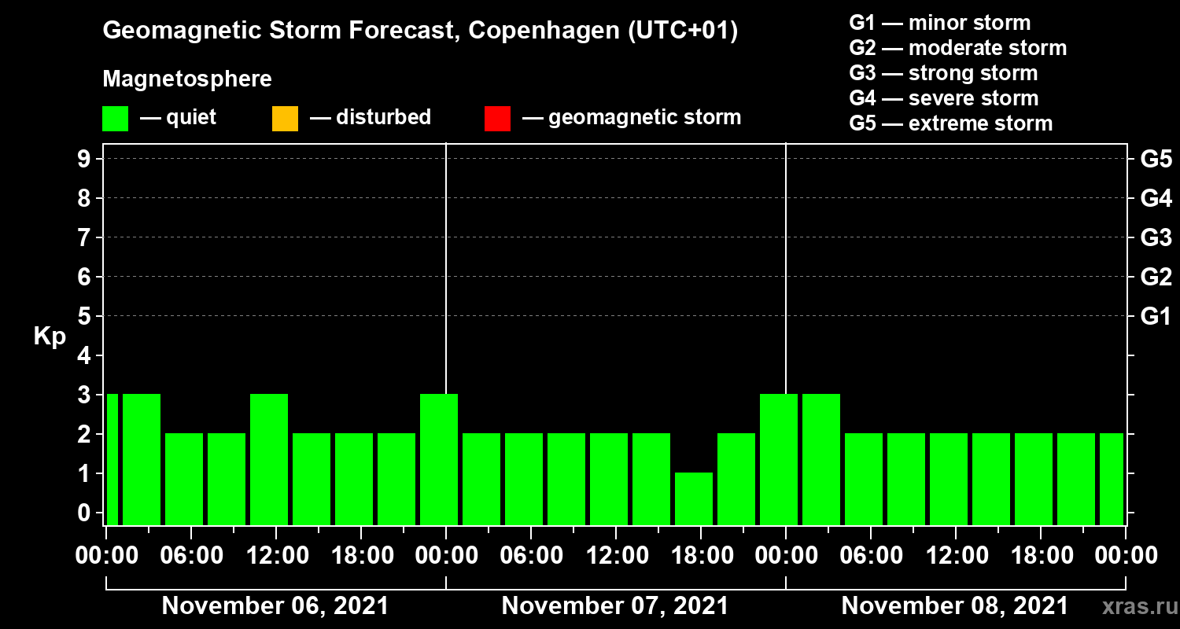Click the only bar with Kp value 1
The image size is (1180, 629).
click(x=694, y=498)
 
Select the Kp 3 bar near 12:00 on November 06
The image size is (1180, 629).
click(x=269, y=459)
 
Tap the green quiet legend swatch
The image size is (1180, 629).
click(x=116, y=119)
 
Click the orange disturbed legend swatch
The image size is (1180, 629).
click(x=285, y=119)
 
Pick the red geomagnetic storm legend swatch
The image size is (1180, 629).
click(x=497, y=119)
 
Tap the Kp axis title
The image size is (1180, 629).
click(x=50, y=337)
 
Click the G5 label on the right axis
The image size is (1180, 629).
click(x=1156, y=159)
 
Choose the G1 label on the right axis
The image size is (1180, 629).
click(x=1156, y=316)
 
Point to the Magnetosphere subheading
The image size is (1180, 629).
click(x=187, y=79)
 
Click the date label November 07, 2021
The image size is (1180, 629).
click(x=615, y=606)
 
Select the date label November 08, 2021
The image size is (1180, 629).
click(x=955, y=606)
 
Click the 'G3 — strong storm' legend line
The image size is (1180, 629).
click(x=943, y=73)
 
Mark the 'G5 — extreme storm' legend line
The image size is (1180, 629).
click(x=950, y=123)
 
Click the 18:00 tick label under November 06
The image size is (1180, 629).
click(x=360, y=556)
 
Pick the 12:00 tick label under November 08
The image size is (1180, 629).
click(x=955, y=556)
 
